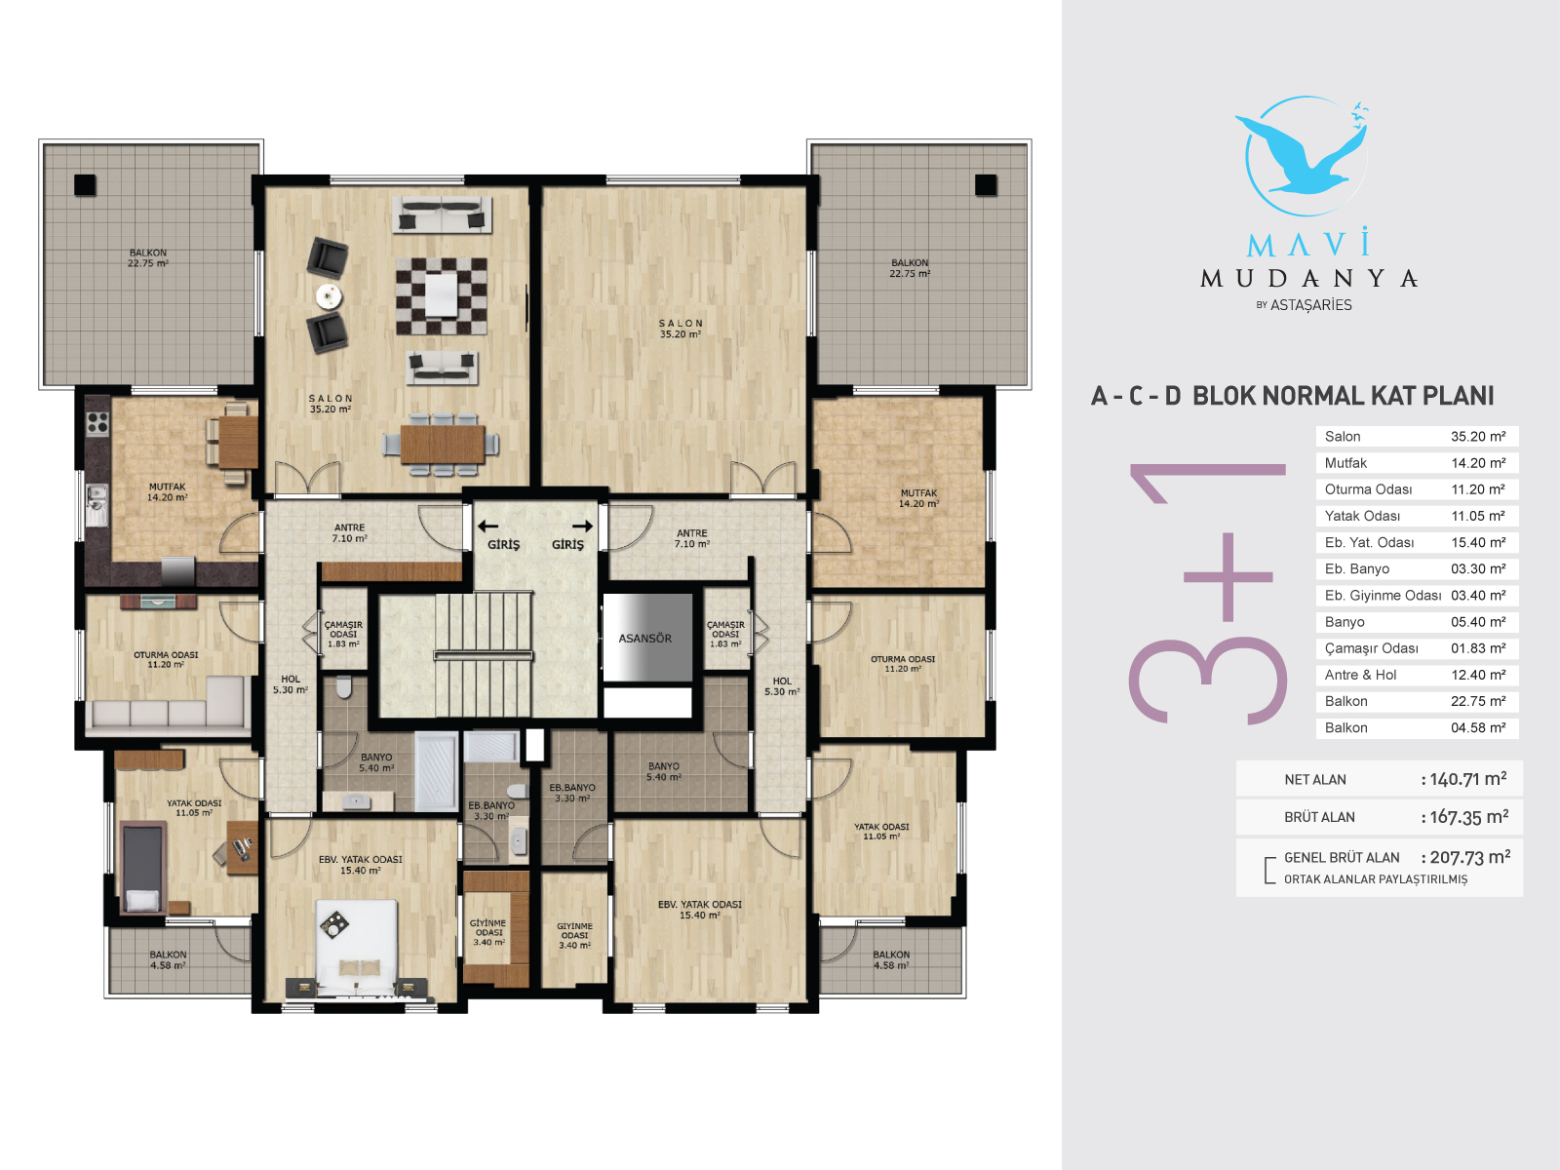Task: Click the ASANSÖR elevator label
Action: [644, 638]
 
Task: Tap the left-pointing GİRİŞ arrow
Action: [487, 526]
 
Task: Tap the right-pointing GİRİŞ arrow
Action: [583, 526]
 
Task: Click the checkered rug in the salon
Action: [442, 295]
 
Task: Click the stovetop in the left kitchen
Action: [97, 424]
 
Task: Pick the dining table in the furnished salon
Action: [442, 444]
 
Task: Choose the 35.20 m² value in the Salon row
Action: [1478, 436]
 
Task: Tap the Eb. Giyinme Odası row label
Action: [1383, 596]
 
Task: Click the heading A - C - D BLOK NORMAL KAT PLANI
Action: [1292, 396]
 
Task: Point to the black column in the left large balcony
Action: [85, 184]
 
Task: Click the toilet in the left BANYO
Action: [344, 687]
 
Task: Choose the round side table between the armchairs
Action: [329, 295]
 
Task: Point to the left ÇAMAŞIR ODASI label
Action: [343, 635]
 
